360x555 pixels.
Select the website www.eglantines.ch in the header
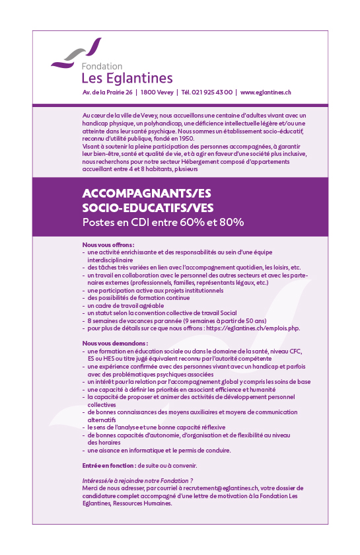pyautogui.click(x=266, y=93)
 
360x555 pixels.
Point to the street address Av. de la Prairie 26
pyautogui.click(x=107, y=93)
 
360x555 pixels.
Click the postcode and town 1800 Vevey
pyautogui.click(x=157, y=93)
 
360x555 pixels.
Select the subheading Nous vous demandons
pyautogui.click(x=106, y=344)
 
